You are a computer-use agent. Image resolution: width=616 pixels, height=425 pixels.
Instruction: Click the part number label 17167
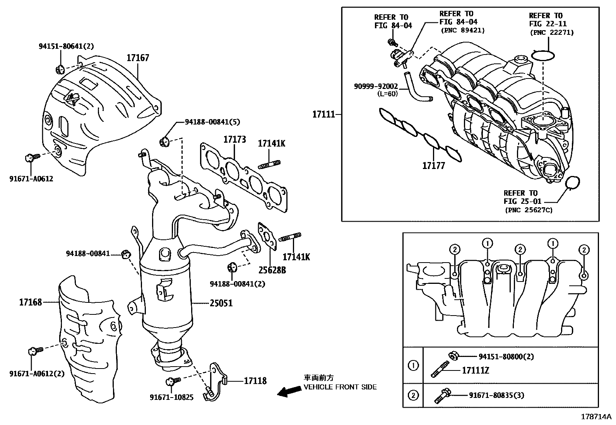tap(138, 58)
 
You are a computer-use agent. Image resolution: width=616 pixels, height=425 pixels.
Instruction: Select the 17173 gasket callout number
tap(234, 139)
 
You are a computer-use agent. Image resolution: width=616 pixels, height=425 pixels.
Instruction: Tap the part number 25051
tap(221, 303)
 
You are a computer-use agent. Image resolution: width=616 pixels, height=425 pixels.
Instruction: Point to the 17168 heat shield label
tap(31, 302)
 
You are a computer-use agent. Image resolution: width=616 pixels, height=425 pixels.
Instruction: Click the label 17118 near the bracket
tap(255, 381)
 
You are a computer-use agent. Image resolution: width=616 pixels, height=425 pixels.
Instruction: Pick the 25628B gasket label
tap(272, 270)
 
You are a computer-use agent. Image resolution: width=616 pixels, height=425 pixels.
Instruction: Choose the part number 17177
tap(434, 166)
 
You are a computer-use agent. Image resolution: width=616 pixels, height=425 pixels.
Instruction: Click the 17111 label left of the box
tap(324, 114)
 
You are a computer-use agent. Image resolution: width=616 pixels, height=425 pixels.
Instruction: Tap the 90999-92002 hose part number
tap(376, 86)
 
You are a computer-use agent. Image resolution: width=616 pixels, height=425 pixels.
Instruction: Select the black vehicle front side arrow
tap(289, 391)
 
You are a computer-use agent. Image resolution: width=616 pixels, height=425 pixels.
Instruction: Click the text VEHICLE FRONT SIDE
tap(340, 387)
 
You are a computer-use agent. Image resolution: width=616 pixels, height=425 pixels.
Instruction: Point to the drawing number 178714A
tap(596, 417)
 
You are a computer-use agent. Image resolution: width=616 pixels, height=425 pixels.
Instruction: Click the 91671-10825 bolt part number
tap(171, 397)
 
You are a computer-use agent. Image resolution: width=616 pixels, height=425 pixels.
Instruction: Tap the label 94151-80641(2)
tap(66, 46)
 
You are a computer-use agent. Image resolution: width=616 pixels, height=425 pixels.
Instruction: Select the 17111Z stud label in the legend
tap(476, 370)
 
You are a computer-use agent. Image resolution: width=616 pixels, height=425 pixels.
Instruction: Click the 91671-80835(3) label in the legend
tap(497, 395)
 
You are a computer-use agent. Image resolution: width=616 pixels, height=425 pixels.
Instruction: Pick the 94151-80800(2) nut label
tap(506, 357)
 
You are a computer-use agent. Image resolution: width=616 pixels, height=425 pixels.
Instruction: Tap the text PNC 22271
tap(552, 32)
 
